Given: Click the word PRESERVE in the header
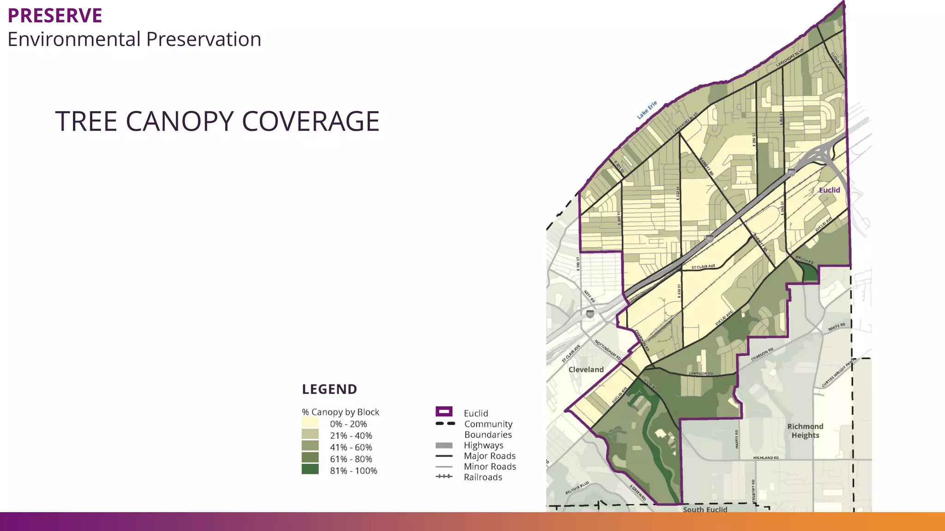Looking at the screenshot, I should (x=55, y=16).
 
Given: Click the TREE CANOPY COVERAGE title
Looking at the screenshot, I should (x=217, y=121).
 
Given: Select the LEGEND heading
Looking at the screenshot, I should (x=329, y=389).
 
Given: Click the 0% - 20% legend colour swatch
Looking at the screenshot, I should (x=310, y=423).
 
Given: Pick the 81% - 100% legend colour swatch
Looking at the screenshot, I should (x=310, y=469).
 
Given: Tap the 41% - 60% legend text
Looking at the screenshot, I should (x=351, y=448).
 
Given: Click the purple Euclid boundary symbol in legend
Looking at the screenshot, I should (x=444, y=412).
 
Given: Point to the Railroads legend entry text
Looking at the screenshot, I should (x=483, y=478).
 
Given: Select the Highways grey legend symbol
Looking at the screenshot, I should (x=444, y=445).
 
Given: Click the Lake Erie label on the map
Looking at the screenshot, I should (x=647, y=110).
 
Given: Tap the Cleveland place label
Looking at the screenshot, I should (x=586, y=370).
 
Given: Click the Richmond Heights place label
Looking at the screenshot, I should (x=805, y=431).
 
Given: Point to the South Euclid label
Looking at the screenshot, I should (x=705, y=509).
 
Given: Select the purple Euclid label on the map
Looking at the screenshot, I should (x=829, y=190).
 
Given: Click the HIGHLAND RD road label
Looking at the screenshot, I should (x=766, y=458).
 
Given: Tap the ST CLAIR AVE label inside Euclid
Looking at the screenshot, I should (x=703, y=267).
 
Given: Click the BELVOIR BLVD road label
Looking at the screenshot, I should (x=577, y=488).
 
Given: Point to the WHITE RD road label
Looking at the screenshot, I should (x=836, y=327).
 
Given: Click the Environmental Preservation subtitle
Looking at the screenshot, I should (x=134, y=39).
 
